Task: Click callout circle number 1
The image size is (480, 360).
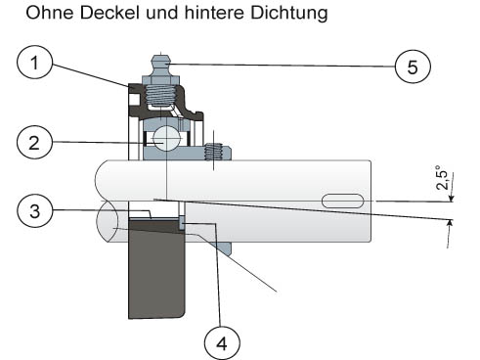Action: click(x=34, y=62)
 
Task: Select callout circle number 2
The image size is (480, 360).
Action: click(x=34, y=143)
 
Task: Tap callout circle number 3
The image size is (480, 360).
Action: click(x=34, y=210)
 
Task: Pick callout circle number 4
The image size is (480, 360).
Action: click(x=222, y=343)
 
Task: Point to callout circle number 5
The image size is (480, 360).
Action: click(x=413, y=67)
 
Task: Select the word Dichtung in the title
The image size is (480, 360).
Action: click(x=289, y=14)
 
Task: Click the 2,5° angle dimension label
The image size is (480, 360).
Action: click(x=443, y=178)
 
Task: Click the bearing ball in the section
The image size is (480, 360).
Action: click(x=166, y=139)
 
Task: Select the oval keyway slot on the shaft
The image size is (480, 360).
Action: click(x=342, y=201)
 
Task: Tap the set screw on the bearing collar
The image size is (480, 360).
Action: click(x=213, y=152)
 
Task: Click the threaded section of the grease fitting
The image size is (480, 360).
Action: click(x=161, y=94)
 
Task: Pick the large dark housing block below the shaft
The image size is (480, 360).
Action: click(x=156, y=268)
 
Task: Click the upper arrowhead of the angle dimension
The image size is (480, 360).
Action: click(x=452, y=199)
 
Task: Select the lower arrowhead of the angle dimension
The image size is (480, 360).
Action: click(x=450, y=223)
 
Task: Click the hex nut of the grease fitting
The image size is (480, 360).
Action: click(x=161, y=79)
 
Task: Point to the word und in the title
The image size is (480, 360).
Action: click(x=162, y=13)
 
